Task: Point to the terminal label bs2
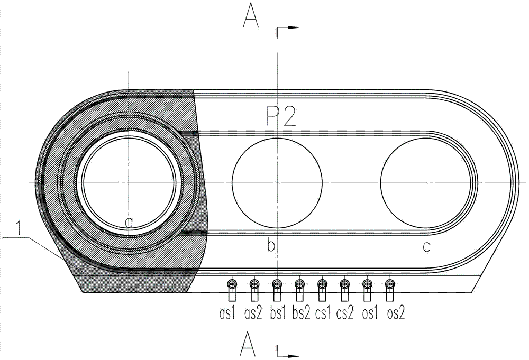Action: pos(299,314)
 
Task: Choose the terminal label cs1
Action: pos(322,314)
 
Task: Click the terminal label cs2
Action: pos(345,314)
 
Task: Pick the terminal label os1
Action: pos(367,314)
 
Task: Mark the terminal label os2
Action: pos(391,314)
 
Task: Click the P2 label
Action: pos(281,117)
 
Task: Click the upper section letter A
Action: pos(250,15)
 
